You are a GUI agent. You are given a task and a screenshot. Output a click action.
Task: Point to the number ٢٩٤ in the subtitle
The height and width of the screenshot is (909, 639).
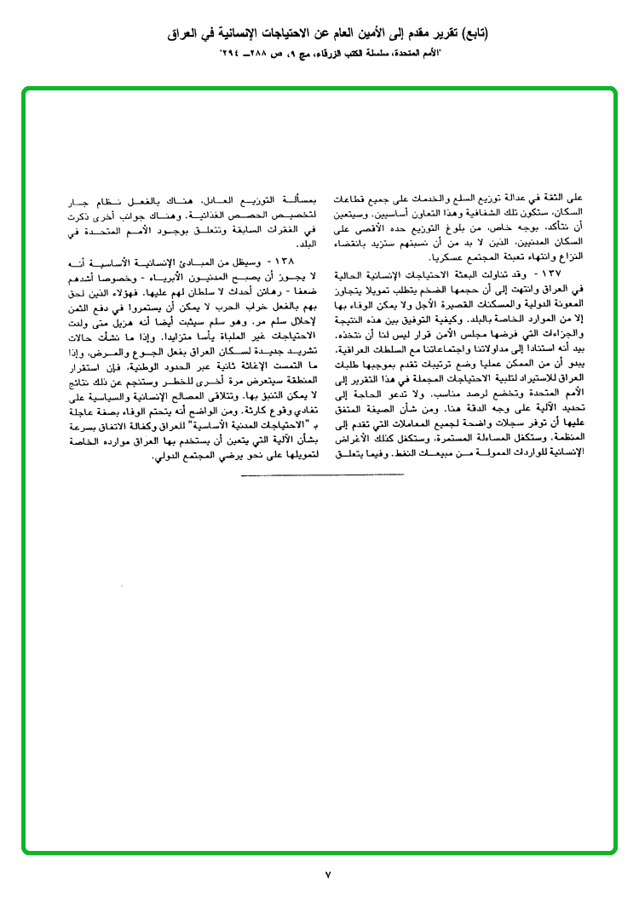coord(231,55)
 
